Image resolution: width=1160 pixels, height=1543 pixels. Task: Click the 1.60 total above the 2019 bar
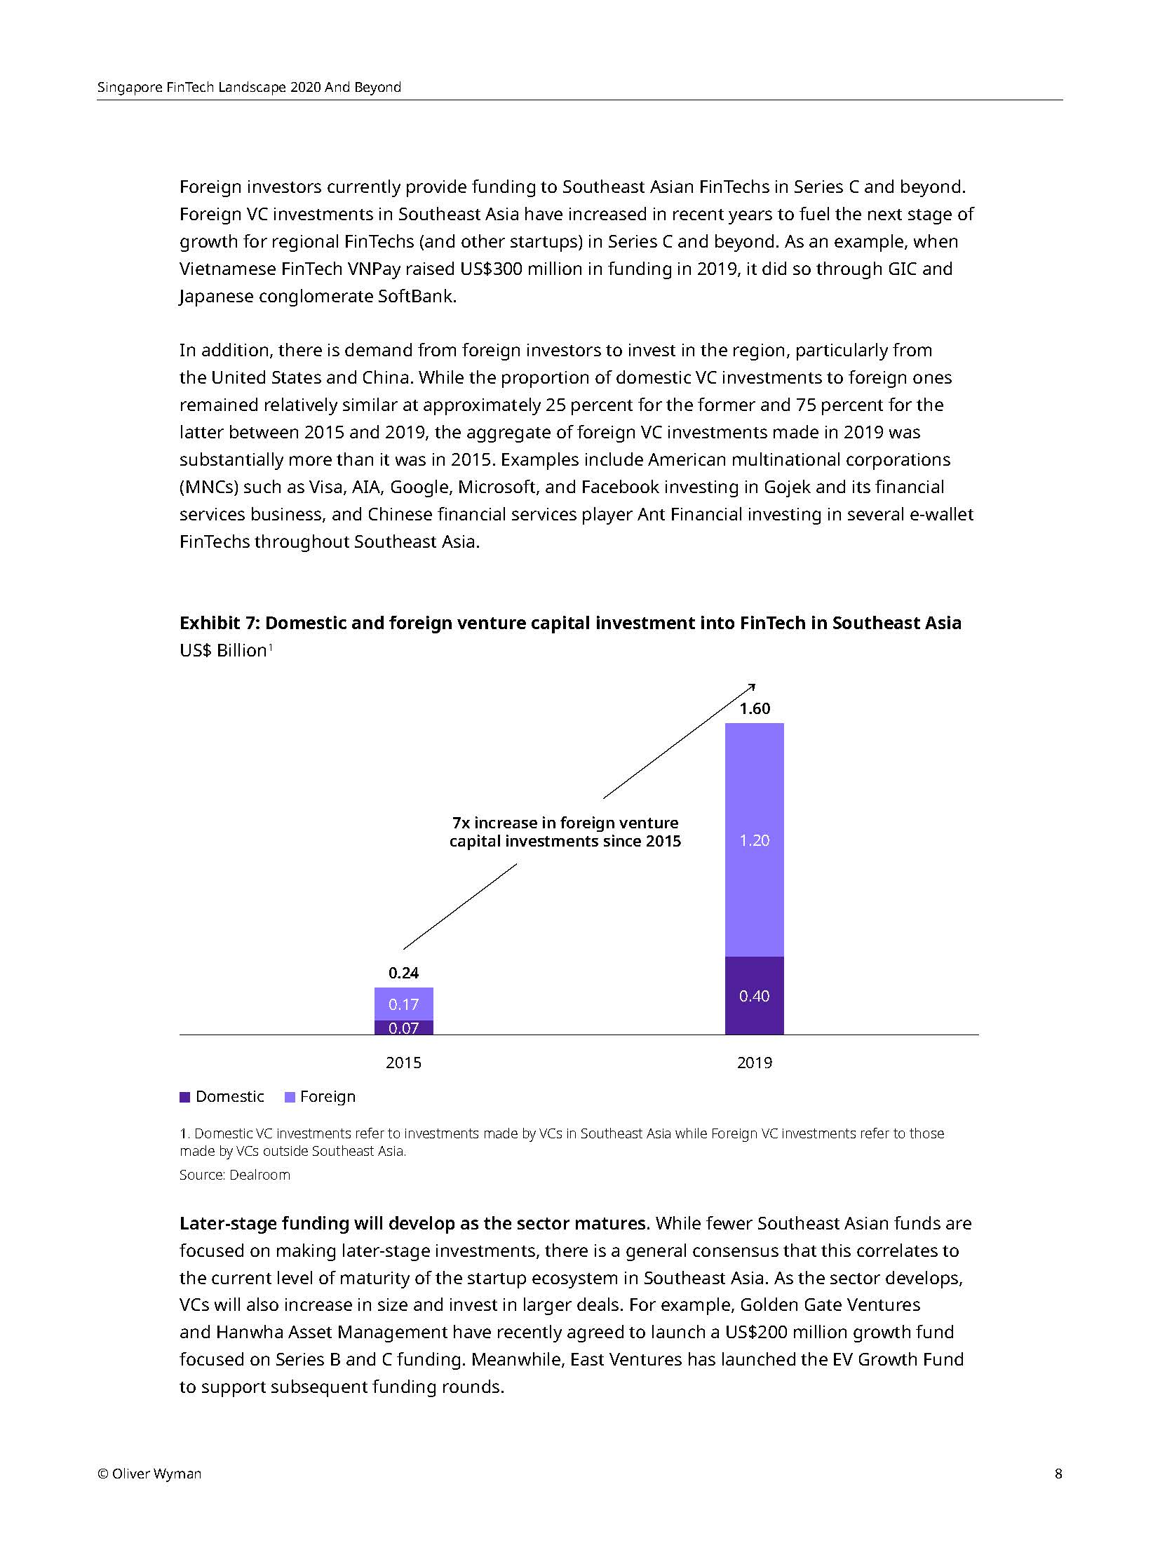tap(754, 708)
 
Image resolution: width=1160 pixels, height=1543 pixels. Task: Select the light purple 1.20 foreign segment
tap(754, 840)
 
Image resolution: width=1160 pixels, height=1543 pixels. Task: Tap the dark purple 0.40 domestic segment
tap(754, 995)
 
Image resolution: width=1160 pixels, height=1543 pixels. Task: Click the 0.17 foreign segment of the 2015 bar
tap(403, 1004)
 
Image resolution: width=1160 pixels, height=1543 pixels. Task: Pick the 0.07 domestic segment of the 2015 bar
tap(403, 1027)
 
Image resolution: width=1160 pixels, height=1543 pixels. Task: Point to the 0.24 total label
tap(403, 973)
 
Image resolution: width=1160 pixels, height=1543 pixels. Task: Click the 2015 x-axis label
tap(403, 1063)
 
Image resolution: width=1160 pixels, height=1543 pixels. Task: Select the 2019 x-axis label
tap(754, 1063)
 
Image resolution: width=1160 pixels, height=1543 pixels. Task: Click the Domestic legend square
tap(185, 1097)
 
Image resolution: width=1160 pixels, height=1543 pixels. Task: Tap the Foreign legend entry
tap(321, 1096)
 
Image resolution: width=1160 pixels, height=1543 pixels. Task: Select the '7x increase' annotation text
tap(565, 832)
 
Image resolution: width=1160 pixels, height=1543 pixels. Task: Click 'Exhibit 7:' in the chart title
tap(220, 623)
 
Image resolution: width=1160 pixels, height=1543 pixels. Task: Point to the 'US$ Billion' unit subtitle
tap(223, 650)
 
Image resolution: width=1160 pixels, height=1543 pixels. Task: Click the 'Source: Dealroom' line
tap(234, 1175)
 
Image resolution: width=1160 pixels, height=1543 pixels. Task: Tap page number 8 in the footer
tap(1058, 1474)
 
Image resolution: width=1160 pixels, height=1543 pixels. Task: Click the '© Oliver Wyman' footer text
tap(149, 1474)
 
